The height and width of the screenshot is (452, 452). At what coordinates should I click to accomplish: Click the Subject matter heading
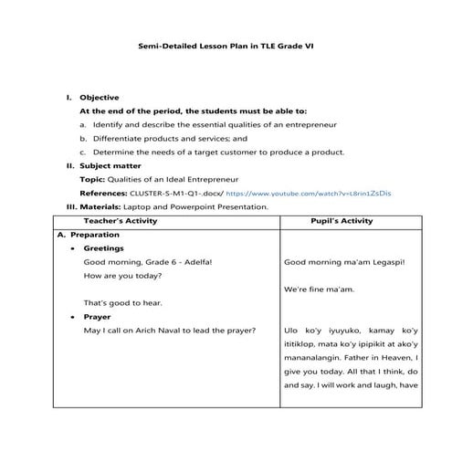tap(110, 165)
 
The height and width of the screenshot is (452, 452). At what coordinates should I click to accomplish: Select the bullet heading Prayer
tap(97, 317)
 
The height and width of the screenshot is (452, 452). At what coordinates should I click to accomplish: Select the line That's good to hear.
tap(120, 302)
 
